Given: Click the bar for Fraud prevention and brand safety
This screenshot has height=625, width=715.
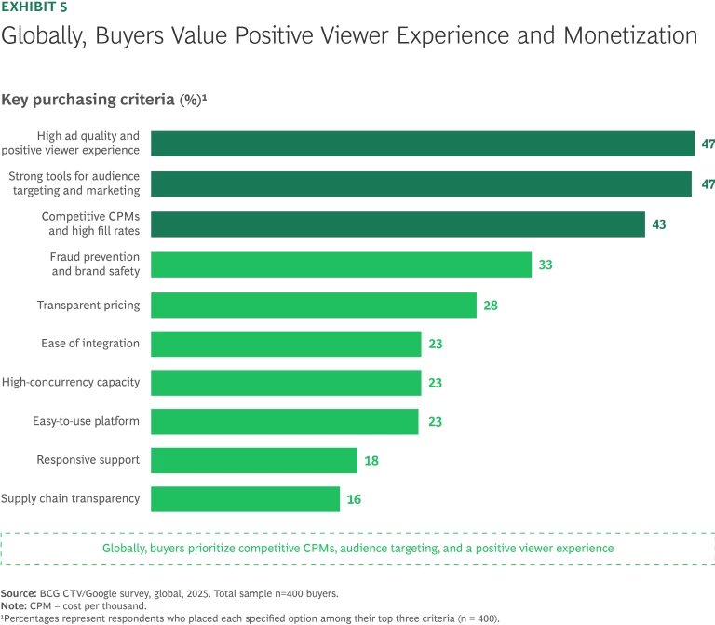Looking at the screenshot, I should pyautogui.click(x=341, y=265).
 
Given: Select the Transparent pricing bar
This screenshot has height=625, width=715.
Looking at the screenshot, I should pyautogui.click(x=314, y=305).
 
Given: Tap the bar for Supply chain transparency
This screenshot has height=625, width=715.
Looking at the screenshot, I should pyautogui.click(x=245, y=499).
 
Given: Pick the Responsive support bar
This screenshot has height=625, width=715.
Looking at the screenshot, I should pyautogui.click(x=254, y=460).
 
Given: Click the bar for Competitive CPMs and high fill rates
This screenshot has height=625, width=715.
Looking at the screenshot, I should pyautogui.click(x=398, y=224).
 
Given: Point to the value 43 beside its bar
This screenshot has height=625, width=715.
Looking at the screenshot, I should pyautogui.click(x=659, y=224).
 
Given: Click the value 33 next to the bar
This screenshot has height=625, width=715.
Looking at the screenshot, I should pyautogui.click(x=546, y=265).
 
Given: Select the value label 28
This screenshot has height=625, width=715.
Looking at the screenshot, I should pyautogui.click(x=491, y=306).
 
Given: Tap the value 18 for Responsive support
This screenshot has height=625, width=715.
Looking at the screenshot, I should pyautogui.click(x=371, y=460).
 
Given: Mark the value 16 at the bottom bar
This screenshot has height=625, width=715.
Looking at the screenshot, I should pyautogui.click(x=354, y=499).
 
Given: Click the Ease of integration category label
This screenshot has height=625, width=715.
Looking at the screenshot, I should pyautogui.click(x=90, y=344).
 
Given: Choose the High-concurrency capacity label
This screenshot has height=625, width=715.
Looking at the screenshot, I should pyautogui.click(x=71, y=382).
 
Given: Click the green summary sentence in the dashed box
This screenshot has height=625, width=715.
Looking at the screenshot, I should pyautogui.click(x=357, y=548).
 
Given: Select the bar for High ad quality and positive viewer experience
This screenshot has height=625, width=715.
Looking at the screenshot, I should pyautogui.click(x=423, y=143).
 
